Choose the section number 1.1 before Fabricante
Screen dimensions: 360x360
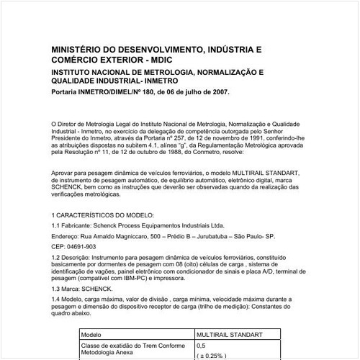[x=57, y=225]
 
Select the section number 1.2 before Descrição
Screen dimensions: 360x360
[x=57, y=258]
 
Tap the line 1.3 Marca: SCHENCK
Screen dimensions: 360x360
[x=82, y=290]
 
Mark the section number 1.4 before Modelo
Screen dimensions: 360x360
[x=57, y=301]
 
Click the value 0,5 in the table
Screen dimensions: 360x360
[x=201, y=346]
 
